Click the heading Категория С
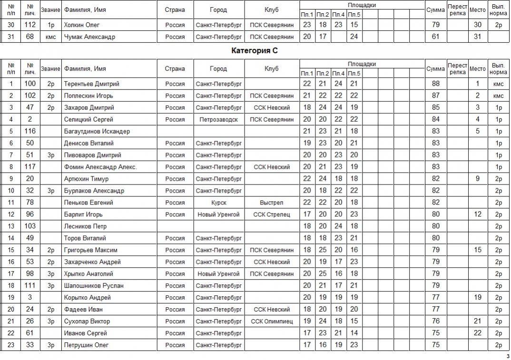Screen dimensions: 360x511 (255, 50)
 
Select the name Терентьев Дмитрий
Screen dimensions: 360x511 (91, 84)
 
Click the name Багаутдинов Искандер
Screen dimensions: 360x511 (97, 131)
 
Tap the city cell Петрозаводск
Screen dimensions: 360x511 (218, 119)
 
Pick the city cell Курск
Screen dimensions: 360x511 (218, 203)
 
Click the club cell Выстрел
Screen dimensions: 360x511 (271, 203)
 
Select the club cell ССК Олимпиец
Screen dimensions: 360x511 (271, 321)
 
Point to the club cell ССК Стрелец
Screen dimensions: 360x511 (271, 214)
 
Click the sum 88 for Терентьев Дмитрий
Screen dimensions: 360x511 (435, 84)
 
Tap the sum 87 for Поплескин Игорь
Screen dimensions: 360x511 (435, 96)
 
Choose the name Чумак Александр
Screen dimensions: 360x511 (89, 37)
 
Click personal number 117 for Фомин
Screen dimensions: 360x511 (30, 167)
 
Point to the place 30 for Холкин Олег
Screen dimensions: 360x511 (478, 25)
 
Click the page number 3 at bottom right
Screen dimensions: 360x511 (508, 356)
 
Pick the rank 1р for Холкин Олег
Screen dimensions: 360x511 (50, 25)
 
